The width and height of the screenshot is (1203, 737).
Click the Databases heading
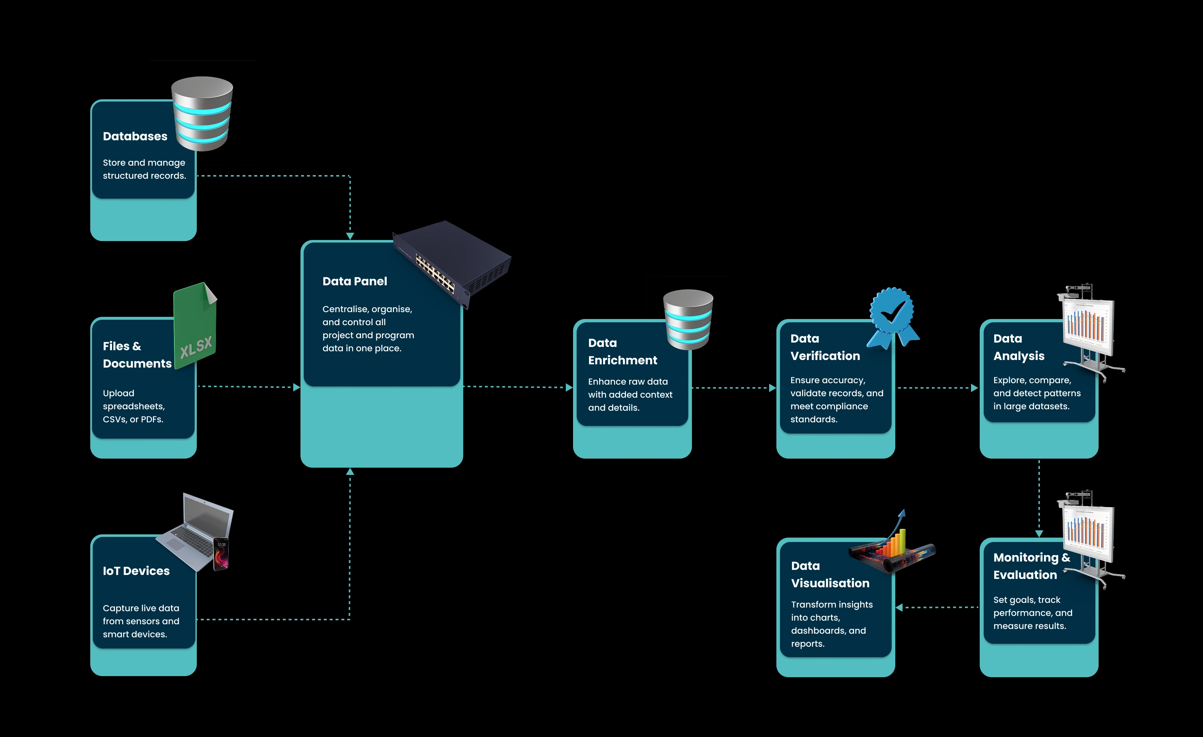coord(135,136)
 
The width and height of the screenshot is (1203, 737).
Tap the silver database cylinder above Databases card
coord(202,113)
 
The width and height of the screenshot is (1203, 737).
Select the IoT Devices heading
coord(136,571)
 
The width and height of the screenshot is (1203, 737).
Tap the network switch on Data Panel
coord(452,264)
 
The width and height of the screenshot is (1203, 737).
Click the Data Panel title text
coord(354,281)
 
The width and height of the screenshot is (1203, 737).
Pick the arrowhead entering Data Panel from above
coord(350,236)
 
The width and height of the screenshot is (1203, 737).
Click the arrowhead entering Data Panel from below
coord(350,472)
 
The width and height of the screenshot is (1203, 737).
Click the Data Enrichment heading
coord(622,352)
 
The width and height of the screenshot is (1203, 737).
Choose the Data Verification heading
coord(825,347)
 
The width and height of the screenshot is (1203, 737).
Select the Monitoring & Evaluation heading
coord(1031,566)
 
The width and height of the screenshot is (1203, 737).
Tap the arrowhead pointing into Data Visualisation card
coord(899,608)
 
